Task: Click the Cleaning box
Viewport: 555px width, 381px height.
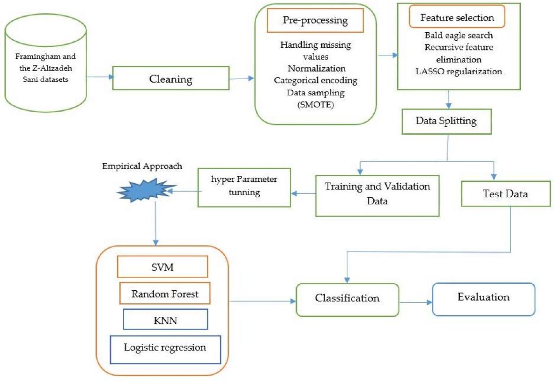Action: tap(171, 79)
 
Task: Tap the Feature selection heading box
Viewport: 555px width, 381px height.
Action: tap(457, 18)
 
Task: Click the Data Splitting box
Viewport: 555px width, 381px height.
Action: tap(446, 121)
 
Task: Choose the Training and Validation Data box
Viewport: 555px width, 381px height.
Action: tap(378, 195)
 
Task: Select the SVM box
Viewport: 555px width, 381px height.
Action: tap(162, 267)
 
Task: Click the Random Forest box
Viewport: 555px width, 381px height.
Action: tap(164, 294)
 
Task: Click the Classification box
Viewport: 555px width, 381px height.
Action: tap(347, 298)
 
